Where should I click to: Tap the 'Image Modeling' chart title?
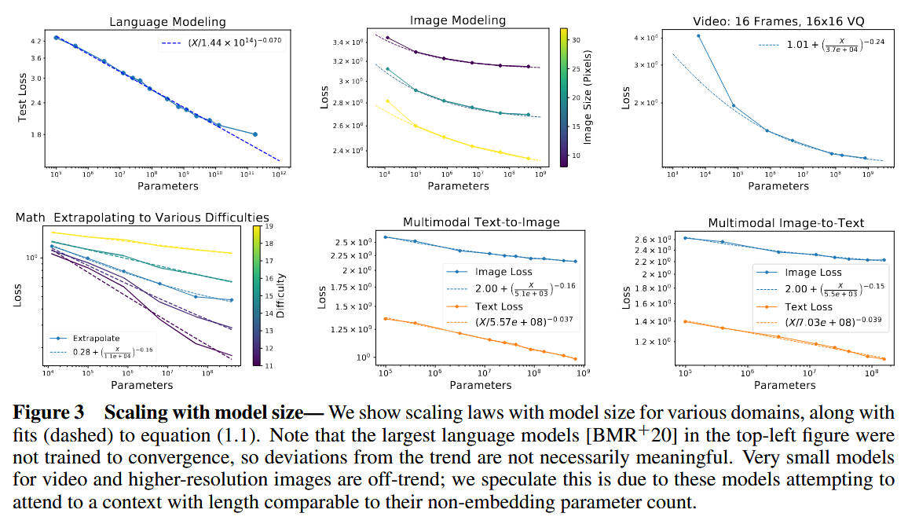coord(458,20)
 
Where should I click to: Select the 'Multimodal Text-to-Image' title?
coord(481,222)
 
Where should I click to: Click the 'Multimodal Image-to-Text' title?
coord(786,222)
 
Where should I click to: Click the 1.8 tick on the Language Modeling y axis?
coord(36,135)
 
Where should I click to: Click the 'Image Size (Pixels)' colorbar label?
coord(587,97)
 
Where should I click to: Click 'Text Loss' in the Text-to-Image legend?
coord(500,307)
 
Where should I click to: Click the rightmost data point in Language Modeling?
coord(255,134)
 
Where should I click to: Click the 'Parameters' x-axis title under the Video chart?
coord(778,186)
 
